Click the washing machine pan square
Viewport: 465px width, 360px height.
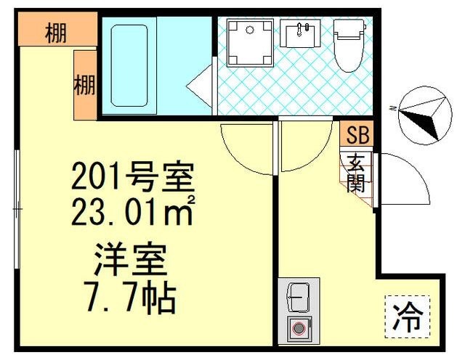point(248,42)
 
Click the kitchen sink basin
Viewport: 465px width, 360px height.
point(298,296)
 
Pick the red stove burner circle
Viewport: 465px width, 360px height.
point(298,328)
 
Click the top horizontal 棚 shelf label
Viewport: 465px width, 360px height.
point(57,31)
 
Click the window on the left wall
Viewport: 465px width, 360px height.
point(17,210)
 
